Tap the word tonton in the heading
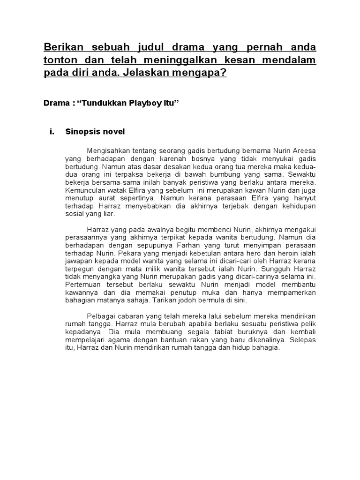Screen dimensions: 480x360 pyautogui.click(x=59, y=61)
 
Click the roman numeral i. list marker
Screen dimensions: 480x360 pyautogui.click(x=52, y=132)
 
